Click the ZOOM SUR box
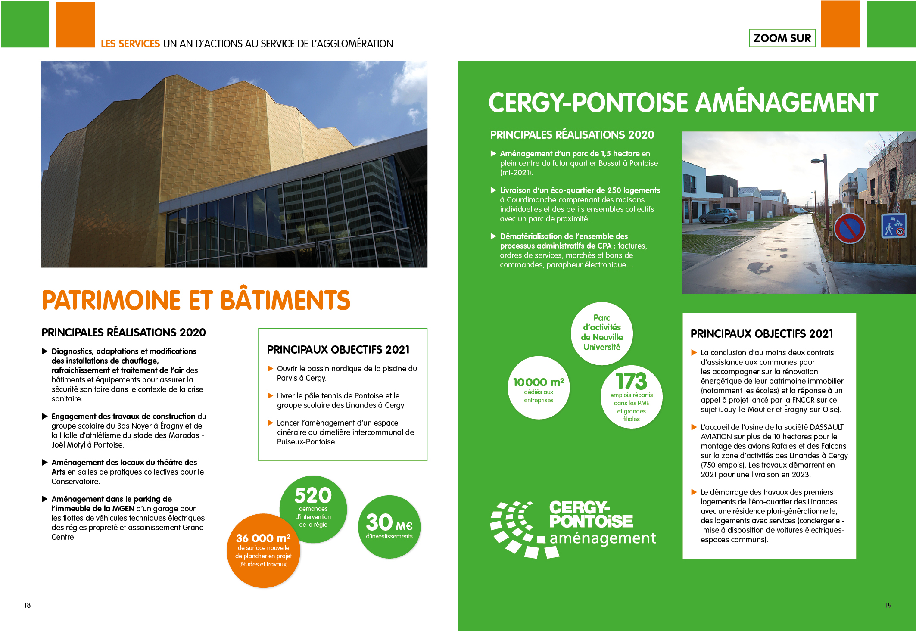(782, 38)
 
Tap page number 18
(28, 605)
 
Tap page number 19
(888, 605)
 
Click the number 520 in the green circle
(313, 495)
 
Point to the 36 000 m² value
(263, 538)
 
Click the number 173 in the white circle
(631, 381)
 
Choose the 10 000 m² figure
(539, 382)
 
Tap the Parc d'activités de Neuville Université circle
(602, 333)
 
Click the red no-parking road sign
(850, 228)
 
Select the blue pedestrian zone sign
(894, 226)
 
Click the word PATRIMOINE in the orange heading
(111, 300)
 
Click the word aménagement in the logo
(603, 538)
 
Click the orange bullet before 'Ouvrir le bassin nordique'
(271, 369)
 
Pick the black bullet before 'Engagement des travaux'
(45, 417)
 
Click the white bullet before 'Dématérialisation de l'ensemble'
(493, 236)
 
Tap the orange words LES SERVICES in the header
(130, 44)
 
